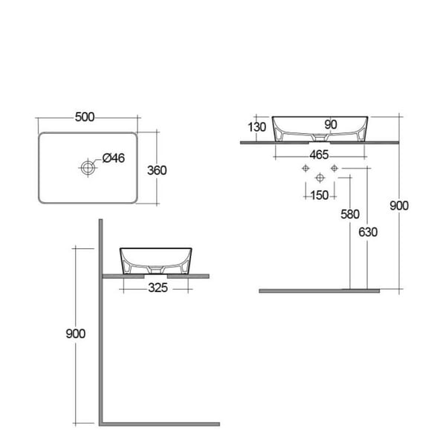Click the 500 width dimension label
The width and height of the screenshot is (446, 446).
click(x=85, y=117)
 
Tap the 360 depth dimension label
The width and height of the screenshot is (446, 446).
click(x=157, y=170)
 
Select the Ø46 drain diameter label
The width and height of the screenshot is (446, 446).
click(x=114, y=158)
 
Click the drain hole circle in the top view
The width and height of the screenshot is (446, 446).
click(x=88, y=168)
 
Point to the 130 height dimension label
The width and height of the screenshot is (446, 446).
click(x=257, y=127)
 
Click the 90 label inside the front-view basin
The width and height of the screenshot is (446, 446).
click(x=331, y=125)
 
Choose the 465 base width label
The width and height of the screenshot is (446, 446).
click(x=319, y=155)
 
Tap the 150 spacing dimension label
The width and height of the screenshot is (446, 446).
click(x=320, y=195)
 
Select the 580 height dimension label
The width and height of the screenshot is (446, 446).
click(x=350, y=214)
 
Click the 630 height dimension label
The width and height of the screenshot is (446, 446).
click(x=368, y=233)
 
